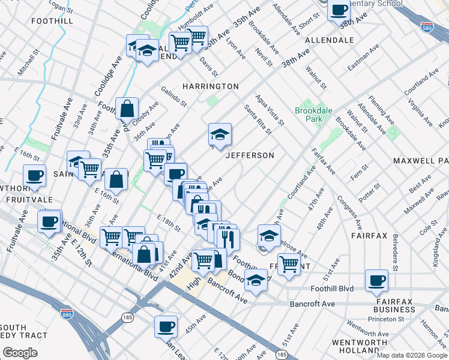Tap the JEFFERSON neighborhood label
250,155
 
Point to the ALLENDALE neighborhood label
330,40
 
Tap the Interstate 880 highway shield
66,313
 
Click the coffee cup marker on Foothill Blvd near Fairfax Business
376,280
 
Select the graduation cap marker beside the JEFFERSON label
220,134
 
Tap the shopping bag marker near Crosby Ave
127,109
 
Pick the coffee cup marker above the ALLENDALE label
339,10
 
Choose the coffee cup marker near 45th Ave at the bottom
166,327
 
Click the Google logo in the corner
20,353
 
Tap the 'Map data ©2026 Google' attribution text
412,355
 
